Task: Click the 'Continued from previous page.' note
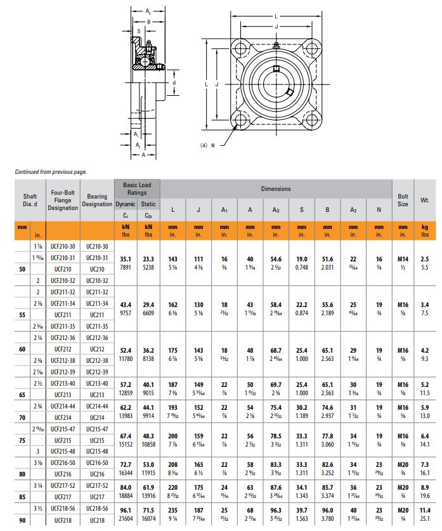pos(51,171)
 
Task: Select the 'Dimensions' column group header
pos(276,188)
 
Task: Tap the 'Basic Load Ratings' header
pos(137,188)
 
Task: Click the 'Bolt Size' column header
pos(403,200)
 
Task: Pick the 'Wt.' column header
pos(425,200)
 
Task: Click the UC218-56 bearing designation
pos(97,509)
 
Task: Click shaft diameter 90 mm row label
pos(22,521)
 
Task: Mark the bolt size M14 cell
pos(403,258)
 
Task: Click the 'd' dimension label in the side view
pos(174,82)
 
